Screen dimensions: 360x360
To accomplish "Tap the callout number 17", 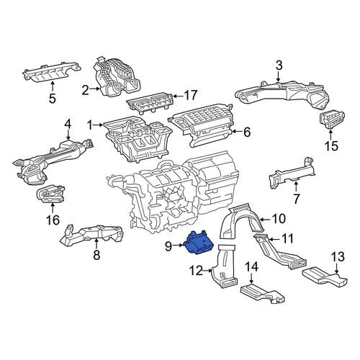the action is [x=190, y=95].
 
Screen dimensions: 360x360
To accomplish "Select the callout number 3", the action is [x=279, y=66].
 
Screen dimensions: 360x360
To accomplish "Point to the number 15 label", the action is [x=331, y=145].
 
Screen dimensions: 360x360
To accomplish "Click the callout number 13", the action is [x=338, y=257].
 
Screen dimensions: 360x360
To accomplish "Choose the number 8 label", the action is [x=96, y=255].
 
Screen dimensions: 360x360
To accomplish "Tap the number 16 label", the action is [x=53, y=220].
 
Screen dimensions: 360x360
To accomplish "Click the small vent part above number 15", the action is [x=332, y=120].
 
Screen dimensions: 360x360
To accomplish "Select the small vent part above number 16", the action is [x=50, y=194].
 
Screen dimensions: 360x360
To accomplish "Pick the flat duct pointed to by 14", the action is [x=262, y=293].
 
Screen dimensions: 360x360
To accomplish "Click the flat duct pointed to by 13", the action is [x=325, y=277].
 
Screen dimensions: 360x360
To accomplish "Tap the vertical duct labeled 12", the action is [x=225, y=266].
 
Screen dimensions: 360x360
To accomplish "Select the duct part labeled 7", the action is [x=292, y=174].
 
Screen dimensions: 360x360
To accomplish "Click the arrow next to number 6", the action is [x=237, y=131].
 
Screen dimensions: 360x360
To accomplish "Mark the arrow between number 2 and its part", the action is [x=95, y=89].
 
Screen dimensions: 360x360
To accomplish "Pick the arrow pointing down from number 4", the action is [x=68, y=135].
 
